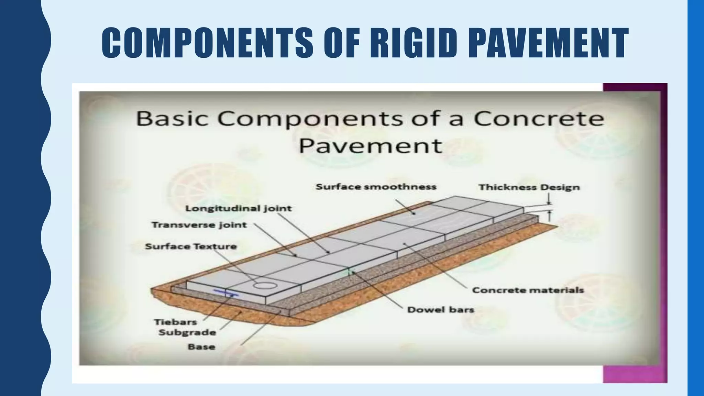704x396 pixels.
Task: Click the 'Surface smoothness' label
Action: point(376,187)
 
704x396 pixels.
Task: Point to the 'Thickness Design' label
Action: point(529,187)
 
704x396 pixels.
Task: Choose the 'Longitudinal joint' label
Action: point(238,208)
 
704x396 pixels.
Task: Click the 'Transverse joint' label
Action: point(199,225)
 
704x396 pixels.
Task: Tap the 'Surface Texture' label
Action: point(191,246)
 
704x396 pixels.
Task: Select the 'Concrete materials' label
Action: point(528,290)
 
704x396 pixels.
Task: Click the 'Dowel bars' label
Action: point(440,310)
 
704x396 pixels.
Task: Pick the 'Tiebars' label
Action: point(175,322)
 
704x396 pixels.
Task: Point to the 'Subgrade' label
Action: point(187,332)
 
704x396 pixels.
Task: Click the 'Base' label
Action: point(201,346)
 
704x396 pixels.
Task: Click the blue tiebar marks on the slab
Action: point(226,293)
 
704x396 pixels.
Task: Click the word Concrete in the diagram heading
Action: point(539,119)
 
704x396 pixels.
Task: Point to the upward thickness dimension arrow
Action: point(549,216)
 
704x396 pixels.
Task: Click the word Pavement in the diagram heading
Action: point(370,146)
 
